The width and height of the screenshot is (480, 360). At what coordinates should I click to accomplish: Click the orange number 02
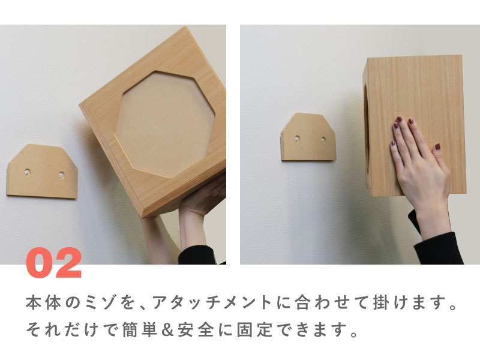[x=53, y=263]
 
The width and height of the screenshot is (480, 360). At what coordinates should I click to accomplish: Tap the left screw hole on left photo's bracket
[x=28, y=172]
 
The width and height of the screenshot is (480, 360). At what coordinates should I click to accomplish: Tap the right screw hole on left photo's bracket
[x=62, y=175]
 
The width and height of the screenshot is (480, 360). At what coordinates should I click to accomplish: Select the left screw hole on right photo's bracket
[x=297, y=139]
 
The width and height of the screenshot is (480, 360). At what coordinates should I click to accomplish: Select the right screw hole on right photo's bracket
[x=323, y=140]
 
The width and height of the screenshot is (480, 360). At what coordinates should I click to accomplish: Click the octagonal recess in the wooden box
[x=164, y=124]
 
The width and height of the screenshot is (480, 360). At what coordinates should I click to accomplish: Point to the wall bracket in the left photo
[x=42, y=171]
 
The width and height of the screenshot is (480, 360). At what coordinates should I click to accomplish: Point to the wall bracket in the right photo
[x=308, y=137]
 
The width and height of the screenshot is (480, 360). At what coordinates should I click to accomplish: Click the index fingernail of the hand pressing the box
[x=399, y=118]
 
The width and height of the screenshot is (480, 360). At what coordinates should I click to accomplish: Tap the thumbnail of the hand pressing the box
[x=438, y=146]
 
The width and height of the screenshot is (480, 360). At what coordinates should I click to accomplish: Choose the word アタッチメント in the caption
[x=212, y=302]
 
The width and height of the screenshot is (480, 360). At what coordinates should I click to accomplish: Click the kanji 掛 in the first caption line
[x=381, y=302]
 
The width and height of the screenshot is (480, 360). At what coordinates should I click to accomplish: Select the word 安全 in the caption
[x=196, y=329]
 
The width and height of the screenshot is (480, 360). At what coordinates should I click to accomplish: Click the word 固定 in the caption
[x=254, y=329]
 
